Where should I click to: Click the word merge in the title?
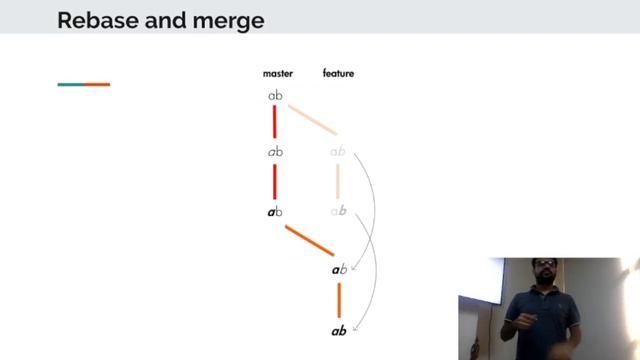233,19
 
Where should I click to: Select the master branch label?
277,73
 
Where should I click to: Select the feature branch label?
338,73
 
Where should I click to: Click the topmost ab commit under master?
275,95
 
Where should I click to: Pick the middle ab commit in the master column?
275,152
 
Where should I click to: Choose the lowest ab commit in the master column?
275,212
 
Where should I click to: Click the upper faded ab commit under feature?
338,152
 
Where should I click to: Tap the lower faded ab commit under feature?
338,212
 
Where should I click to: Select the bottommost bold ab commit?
339,330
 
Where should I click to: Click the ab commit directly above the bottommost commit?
339,270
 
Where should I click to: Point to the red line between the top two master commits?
275,123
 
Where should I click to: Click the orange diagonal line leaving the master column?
309,240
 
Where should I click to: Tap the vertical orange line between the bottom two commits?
339,299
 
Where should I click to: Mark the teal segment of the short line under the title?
71,84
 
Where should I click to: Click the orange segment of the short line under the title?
97,84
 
